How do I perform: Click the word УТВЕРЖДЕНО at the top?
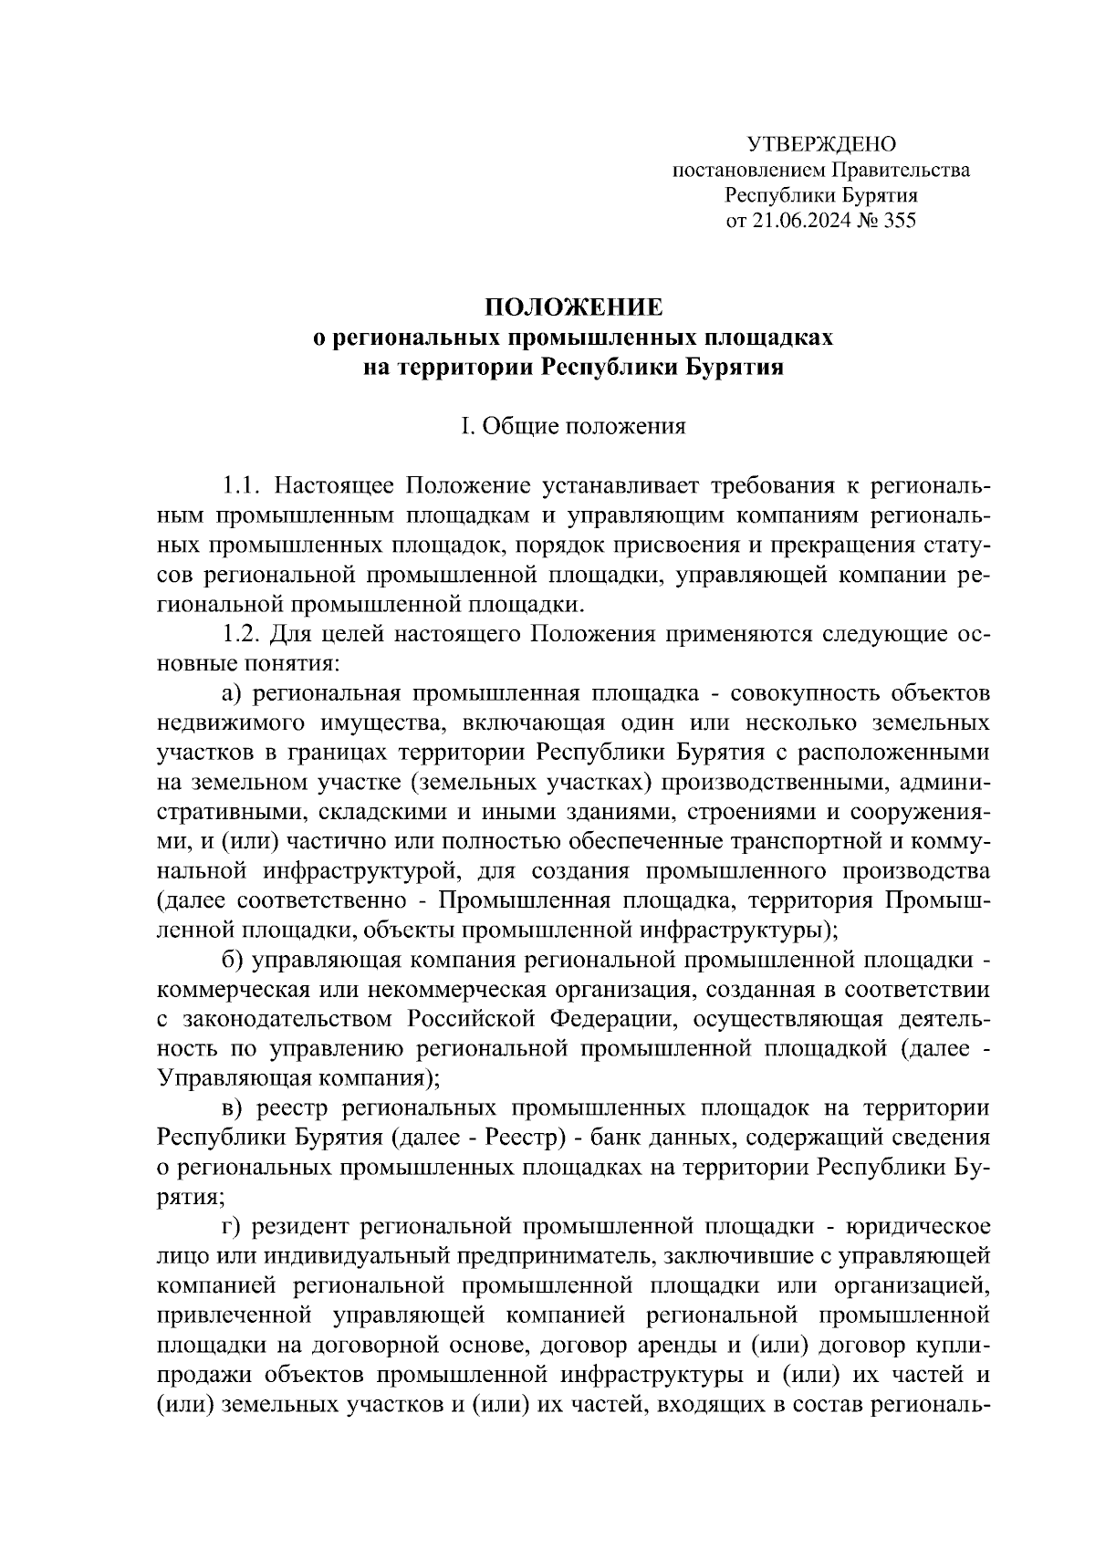(x=821, y=145)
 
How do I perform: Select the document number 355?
(x=898, y=221)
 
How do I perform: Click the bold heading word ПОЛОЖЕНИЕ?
(x=573, y=307)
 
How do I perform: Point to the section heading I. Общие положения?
(x=573, y=426)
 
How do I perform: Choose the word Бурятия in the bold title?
(x=736, y=367)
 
